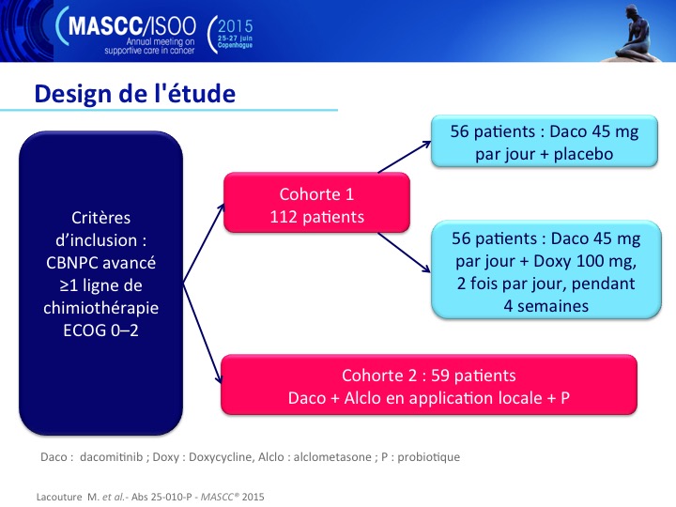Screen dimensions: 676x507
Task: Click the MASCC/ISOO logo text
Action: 132,26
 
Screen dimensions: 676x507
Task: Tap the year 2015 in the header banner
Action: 235,26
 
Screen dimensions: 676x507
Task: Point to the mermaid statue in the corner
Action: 635,34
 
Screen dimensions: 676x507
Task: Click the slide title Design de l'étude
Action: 135,93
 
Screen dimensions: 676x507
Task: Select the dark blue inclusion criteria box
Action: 100,283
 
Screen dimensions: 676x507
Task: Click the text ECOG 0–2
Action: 100,330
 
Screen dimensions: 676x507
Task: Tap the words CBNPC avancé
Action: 100,263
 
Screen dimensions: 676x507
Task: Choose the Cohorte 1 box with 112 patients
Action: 317,202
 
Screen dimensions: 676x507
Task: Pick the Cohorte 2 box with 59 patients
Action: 429,385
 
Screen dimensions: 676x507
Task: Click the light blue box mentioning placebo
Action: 545,141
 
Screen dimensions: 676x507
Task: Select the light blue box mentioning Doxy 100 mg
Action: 546,269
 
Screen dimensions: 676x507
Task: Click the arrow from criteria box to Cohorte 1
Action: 204,243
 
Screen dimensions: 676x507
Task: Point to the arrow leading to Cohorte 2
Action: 202,332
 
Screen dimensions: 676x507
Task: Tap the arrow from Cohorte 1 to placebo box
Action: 405,157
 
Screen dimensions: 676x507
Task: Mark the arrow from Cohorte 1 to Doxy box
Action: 404,253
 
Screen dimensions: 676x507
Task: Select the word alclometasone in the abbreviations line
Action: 332,457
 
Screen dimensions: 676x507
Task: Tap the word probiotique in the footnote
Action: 428,457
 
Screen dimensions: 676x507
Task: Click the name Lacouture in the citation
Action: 59,497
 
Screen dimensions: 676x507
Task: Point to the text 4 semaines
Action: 546,306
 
